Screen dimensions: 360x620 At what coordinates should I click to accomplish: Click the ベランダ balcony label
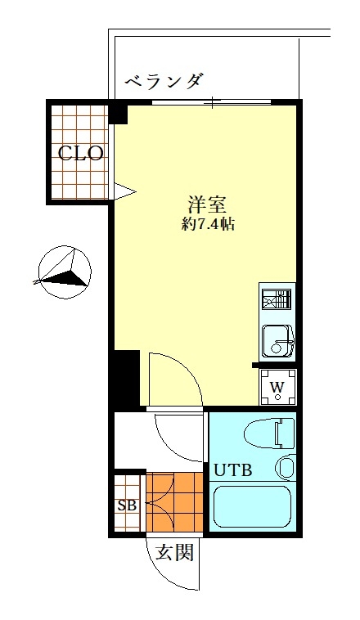pos(164,81)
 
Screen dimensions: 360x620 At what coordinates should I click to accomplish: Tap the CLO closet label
pos(81,153)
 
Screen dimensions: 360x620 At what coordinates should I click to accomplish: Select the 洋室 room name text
pos(206,204)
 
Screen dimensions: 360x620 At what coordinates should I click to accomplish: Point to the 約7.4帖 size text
pos(208,225)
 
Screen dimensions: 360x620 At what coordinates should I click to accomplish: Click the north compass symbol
pos(65,273)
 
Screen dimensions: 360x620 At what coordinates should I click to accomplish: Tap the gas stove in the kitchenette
pos(277,299)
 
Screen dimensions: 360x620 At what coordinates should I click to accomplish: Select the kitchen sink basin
pos(277,340)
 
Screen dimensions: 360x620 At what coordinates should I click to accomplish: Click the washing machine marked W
pos(277,386)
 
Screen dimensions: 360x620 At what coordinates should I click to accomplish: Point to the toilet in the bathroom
pos(270,434)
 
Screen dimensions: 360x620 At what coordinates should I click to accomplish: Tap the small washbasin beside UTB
pos(286,466)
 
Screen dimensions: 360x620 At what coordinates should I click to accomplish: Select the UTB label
pos(233,470)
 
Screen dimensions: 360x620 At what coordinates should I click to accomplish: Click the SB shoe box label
pos(128,505)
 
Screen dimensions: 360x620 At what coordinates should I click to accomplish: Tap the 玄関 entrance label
pos(174,552)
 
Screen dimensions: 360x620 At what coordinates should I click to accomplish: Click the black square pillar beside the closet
pos(119,114)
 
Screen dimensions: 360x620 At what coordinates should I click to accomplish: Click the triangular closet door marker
pos(124,192)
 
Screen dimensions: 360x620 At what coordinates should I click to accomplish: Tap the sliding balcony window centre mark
pos(213,103)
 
